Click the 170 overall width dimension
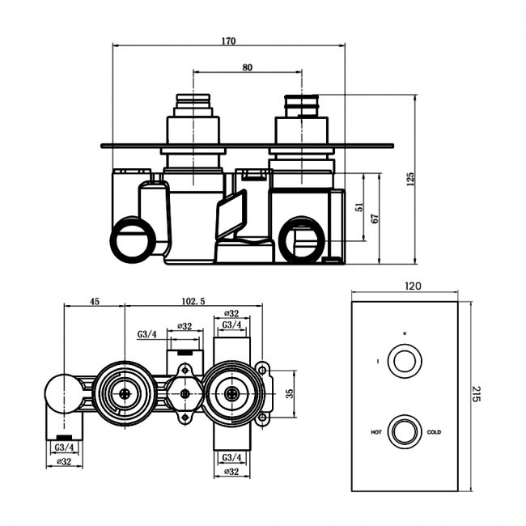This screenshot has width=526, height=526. [x=228, y=41]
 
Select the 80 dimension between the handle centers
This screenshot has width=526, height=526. [x=247, y=67]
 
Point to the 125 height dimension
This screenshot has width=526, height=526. [x=410, y=177]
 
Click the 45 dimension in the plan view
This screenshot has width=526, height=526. [x=95, y=301]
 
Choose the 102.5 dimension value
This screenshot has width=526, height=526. [x=193, y=301]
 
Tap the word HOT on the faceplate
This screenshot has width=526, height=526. [x=375, y=432]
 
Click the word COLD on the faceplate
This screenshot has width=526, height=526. [x=435, y=432]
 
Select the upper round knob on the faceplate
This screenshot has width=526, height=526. [x=404, y=361]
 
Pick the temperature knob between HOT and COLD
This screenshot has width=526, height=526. [x=404, y=431]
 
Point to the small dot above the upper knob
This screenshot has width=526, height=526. [x=404, y=333]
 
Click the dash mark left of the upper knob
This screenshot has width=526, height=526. [x=377, y=361]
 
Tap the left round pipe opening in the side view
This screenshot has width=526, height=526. [x=132, y=241]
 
